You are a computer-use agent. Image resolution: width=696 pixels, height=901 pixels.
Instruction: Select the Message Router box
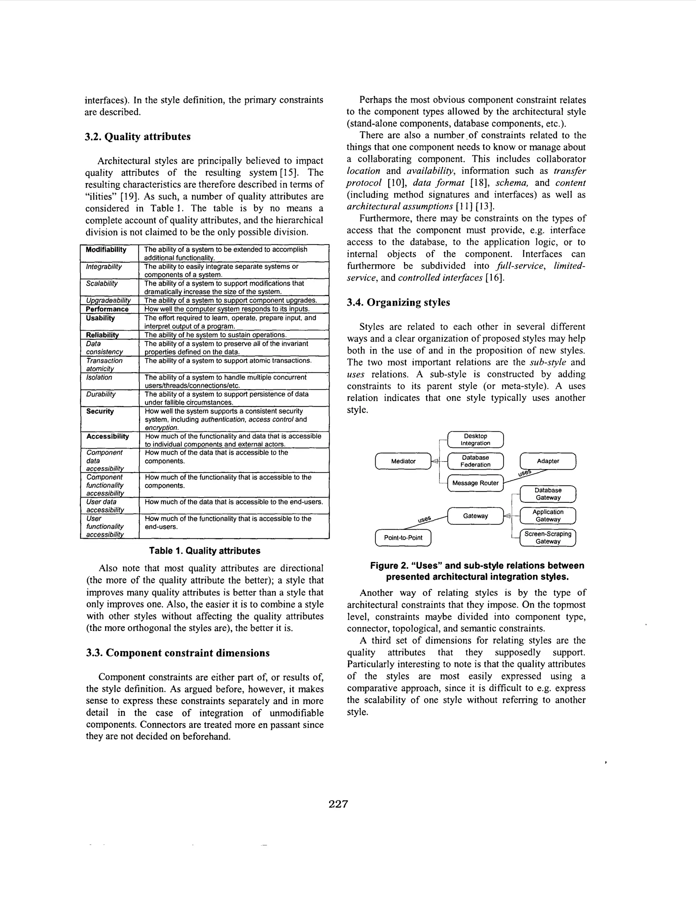pyautogui.click(x=475, y=483)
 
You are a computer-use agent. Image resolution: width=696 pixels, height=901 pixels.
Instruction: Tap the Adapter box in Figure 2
pyautogui.click(x=547, y=461)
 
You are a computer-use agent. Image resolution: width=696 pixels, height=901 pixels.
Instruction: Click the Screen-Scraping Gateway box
pyautogui.click(x=547, y=537)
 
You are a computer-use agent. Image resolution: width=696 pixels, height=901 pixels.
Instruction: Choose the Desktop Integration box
pyautogui.click(x=475, y=439)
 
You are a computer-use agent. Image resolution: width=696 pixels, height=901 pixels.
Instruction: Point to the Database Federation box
pyautogui.click(x=475, y=461)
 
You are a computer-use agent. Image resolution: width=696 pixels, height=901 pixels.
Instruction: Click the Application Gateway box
pyautogui.click(x=547, y=516)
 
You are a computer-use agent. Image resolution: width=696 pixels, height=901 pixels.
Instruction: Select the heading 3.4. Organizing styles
pyautogui.click(x=398, y=302)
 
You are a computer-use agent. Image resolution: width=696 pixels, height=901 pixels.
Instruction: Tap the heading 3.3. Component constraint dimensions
pyautogui.click(x=178, y=653)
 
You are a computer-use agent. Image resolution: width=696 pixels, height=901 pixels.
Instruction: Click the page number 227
pyautogui.click(x=338, y=804)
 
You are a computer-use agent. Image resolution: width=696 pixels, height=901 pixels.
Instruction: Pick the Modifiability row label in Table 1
pyautogui.click(x=106, y=250)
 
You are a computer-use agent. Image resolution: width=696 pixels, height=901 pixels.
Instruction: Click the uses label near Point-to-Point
pyautogui.click(x=424, y=519)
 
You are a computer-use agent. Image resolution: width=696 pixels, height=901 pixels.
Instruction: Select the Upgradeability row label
pyautogui.click(x=108, y=301)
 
